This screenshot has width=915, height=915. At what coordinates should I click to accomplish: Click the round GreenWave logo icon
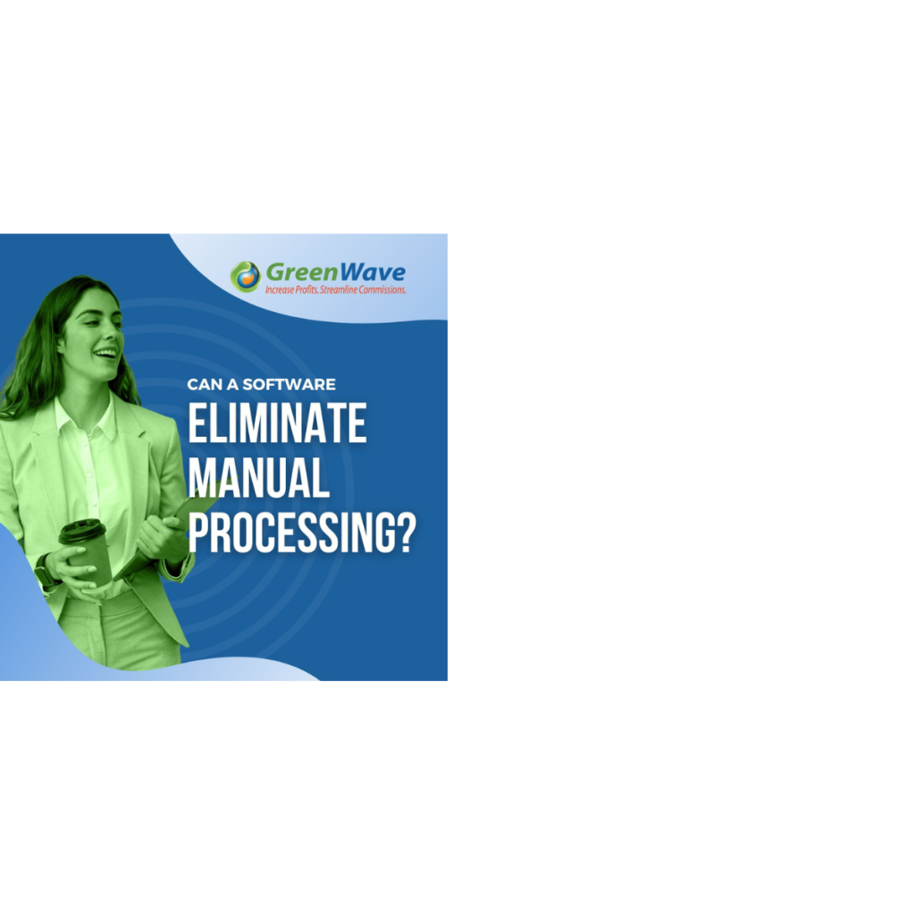[245, 276]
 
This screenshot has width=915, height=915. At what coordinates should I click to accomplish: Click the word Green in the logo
[302, 273]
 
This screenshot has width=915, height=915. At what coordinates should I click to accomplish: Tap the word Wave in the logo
[373, 273]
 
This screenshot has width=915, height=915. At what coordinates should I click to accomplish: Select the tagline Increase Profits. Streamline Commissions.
[336, 290]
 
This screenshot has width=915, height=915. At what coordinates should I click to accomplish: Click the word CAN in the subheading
[204, 384]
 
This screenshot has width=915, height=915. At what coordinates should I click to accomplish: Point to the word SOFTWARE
[289, 384]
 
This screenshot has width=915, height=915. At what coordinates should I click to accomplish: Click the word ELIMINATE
[277, 423]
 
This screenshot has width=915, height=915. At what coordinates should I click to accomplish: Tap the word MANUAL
[258, 477]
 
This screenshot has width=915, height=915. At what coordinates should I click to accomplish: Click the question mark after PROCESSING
[406, 533]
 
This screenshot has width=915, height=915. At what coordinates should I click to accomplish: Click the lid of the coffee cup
[82, 531]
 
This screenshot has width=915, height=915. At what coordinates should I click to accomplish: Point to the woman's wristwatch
[46, 571]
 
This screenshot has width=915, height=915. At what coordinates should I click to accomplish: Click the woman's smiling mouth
[105, 354]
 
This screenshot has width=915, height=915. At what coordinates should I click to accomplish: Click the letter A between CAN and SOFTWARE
[232, 384]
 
